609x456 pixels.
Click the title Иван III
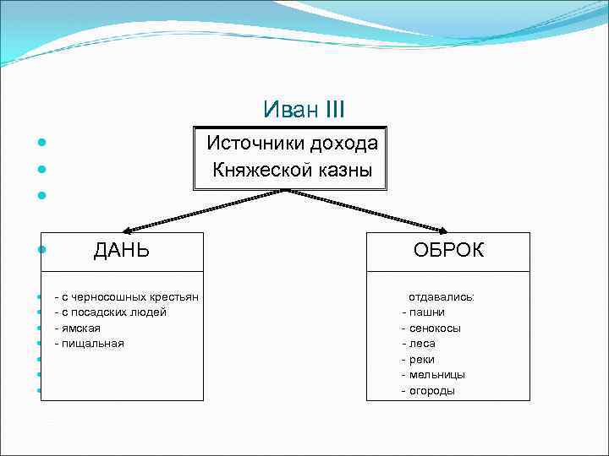[304, 110]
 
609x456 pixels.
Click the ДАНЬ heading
[121, 250]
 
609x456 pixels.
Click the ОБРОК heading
[448, 250]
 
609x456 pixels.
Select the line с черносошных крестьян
[126, 297]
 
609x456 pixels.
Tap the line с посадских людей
[110, 312]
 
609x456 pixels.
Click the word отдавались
[442, 297]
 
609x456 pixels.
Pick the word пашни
[427, 312]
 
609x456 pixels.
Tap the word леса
[422, 344]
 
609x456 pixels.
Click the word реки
[422, 359]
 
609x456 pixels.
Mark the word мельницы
[436, 374]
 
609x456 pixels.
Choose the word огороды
[431, 390]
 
